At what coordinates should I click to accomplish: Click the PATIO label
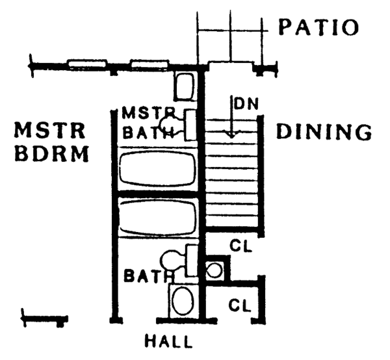coord(318,27)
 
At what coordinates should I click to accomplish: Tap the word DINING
coord(324,132)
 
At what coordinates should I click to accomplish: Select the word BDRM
coord(51,155)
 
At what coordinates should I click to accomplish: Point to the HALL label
coord(168,340)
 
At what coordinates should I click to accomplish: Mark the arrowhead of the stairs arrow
coord(229,135)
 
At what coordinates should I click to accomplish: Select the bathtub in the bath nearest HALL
coord(157,219)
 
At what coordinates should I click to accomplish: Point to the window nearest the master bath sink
coord(149,65)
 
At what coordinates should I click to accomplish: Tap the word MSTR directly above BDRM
coord(50,131)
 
